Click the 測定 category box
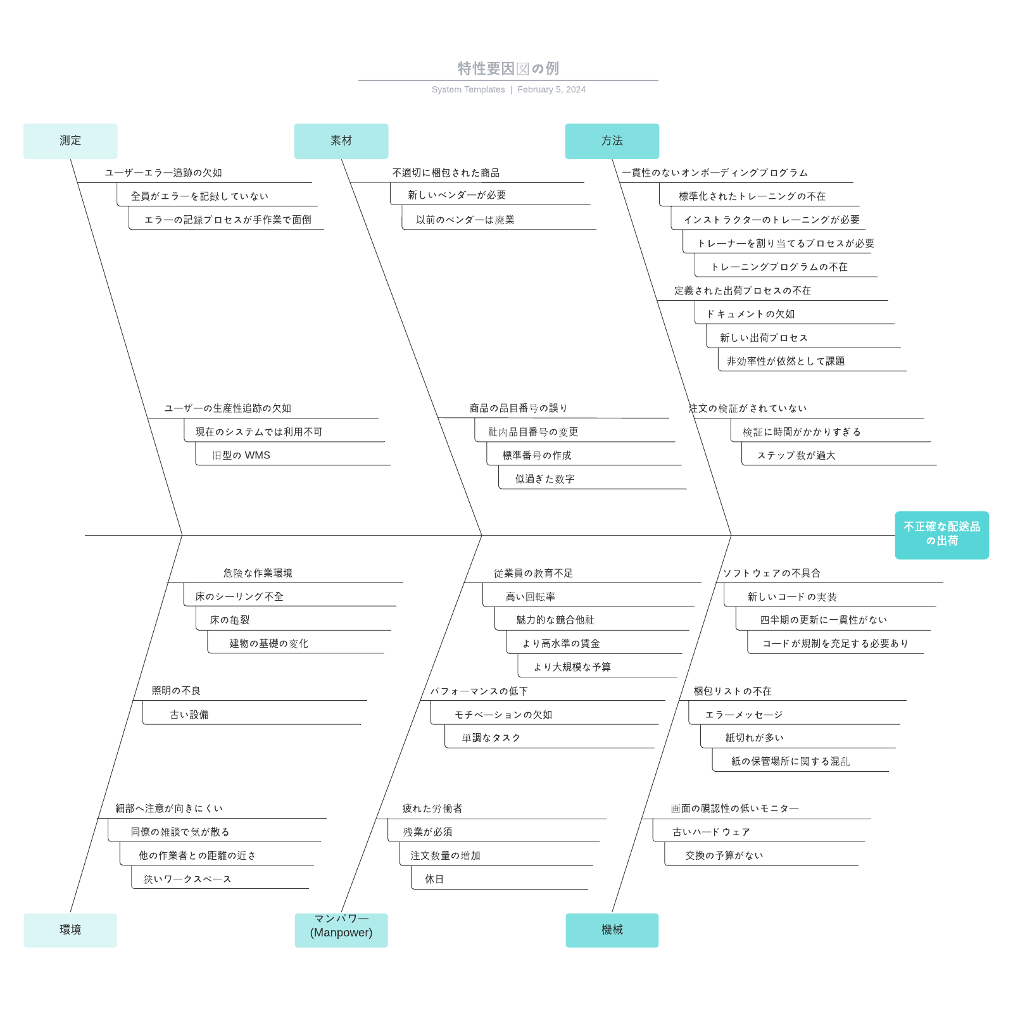coord(70,141)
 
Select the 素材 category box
coord(341,141)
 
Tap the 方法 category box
coord(612,141)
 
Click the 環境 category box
coord(70,929)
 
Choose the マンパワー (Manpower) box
coord(341,929)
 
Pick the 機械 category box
coord(612,929)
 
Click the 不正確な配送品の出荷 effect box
coord(941,534)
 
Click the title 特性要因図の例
coord(508,68)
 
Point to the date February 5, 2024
coord(551,89)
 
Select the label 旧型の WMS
coord(241,455)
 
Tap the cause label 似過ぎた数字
coord(544,479)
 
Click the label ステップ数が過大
coord(796,455)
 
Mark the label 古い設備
coord(189,715)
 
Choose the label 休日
coord(434,879)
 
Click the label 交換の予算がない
coord(724,855)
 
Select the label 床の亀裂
coord(230,620)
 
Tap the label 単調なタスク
coord(491,738)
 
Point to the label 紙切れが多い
coord(754,738)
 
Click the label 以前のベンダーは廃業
coord(465,220)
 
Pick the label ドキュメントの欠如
coord(750,314)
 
